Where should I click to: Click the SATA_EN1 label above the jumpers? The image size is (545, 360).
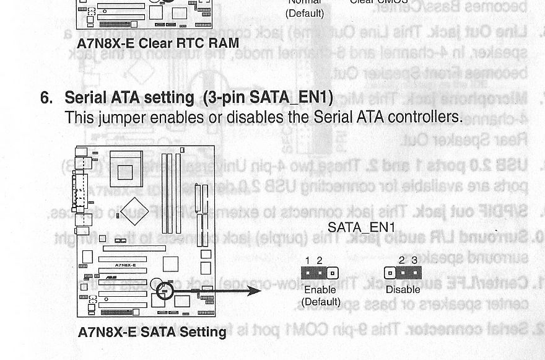coord(361,227)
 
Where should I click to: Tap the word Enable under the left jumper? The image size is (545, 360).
coord(320,289)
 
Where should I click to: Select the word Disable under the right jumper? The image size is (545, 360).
coord(403,289)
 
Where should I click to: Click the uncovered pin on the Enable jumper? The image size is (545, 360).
coord(333,273)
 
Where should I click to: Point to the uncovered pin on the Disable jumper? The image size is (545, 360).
coord(390,273)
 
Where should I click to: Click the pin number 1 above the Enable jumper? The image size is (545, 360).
coord(308,261)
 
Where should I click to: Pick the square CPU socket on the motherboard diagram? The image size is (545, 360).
coord(126,167)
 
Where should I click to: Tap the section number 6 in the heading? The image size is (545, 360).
coord(45,98)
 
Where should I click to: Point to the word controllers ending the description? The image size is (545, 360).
coord(427,117)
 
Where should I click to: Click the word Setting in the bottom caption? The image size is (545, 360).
coord(203,332)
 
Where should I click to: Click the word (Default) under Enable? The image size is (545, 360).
coord(320,302)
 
